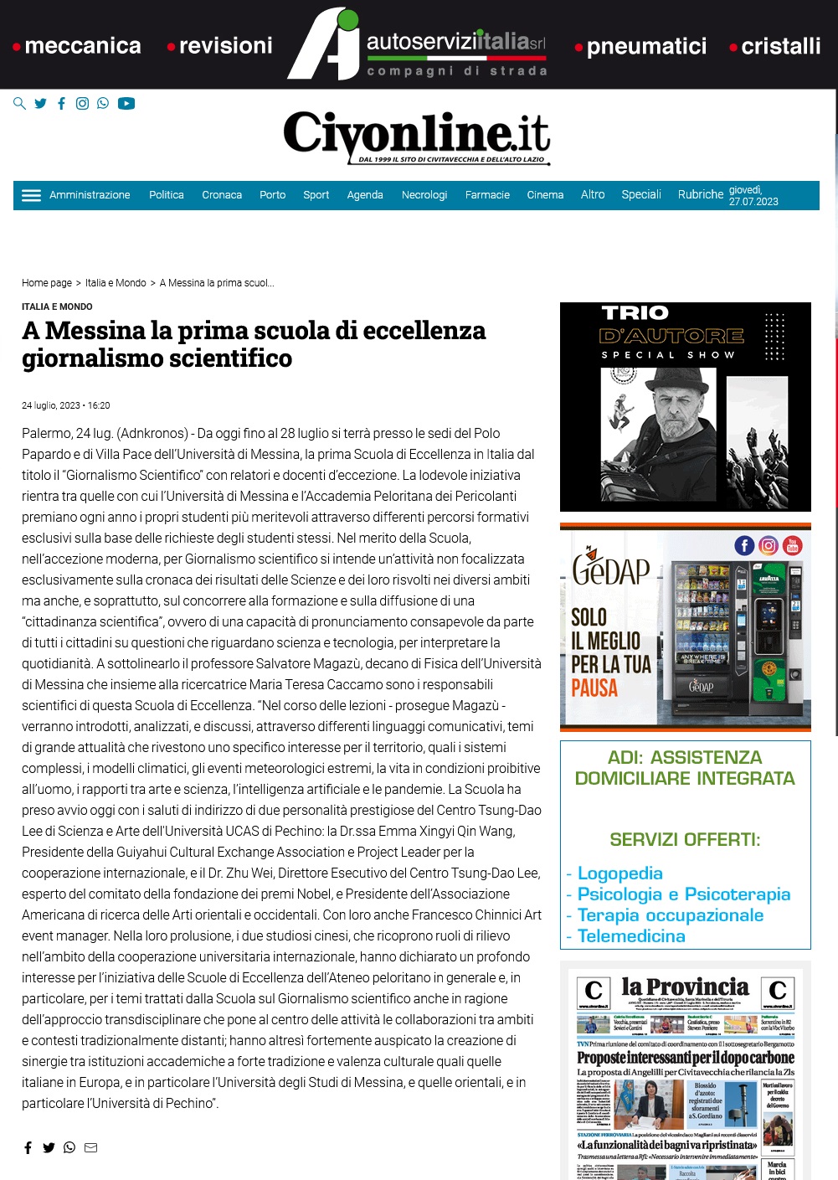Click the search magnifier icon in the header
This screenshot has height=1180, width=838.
pyautogui.click(x=19, y=104)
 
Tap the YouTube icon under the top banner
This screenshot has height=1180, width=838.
pyautogui.click(x=126, y=104)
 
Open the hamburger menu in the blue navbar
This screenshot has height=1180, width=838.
pyautogui.click(x=31, y=195)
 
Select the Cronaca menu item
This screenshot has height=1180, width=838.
pyautogui.click(x=222, y=195)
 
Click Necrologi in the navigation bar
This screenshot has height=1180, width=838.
pyautogui.click(x=424, y=195)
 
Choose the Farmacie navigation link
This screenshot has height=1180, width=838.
pyautogui.click(x=487, y=195)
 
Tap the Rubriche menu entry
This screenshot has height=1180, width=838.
pyautogui.click(x=700, y=194)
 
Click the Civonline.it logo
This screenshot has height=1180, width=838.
pyautogui.click(x=417, y=137)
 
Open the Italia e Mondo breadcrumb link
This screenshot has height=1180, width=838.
pyautogui.click(x=116, y=283)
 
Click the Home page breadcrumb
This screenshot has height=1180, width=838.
pyautogui.click(x=47, y=283)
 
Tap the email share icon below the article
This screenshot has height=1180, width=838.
pyautogui.click(x=91, y=1147)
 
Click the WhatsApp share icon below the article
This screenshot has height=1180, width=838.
pyautogui.click(x=69, y=1147)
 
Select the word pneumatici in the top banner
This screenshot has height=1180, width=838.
pyautogui.click(x=646, y=46)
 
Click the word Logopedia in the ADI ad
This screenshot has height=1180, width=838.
pyautogui.click(x=620, y=873)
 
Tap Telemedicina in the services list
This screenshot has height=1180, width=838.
pyautogui.click(x=631, y=936)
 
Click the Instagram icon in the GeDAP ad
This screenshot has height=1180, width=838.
pyautogui.click(x=769, y=546)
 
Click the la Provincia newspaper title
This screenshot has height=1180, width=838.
pyautogui.click(x=685, y=987)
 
